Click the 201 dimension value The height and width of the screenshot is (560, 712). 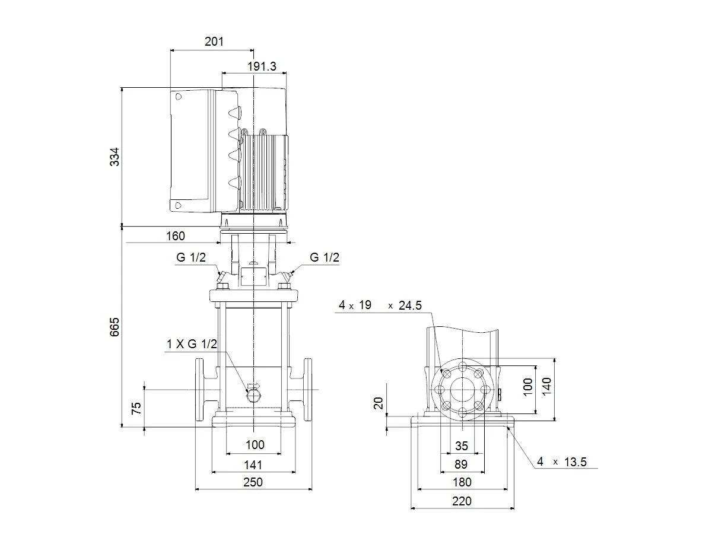pos(214,42)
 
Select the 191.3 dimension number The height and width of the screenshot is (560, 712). pos(262,66)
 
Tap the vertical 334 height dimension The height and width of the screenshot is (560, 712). pos(115,157)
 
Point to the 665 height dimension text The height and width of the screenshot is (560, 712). pos(115,327)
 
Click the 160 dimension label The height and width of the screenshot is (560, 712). pos(176,236)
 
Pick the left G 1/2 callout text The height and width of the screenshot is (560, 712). pos(191,257)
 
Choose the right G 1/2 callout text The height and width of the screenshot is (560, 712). pos(325,257)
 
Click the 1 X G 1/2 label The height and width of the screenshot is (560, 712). pos(192,344)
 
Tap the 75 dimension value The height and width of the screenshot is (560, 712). pos(136,409)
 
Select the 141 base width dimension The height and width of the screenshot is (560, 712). pos(253,465)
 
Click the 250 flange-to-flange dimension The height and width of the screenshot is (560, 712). pos(253,482)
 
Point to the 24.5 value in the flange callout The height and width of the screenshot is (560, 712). pos(410,306)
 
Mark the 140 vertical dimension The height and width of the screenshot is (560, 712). pos(547,386)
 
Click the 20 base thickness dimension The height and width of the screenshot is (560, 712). pos(378,403)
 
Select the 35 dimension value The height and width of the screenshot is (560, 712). pos(462,446)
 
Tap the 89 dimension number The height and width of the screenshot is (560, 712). pos(461,464)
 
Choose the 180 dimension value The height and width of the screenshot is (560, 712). pos(462,482)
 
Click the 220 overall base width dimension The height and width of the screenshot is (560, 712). pos(462,501)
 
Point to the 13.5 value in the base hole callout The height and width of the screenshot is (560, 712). pos(576,462)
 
